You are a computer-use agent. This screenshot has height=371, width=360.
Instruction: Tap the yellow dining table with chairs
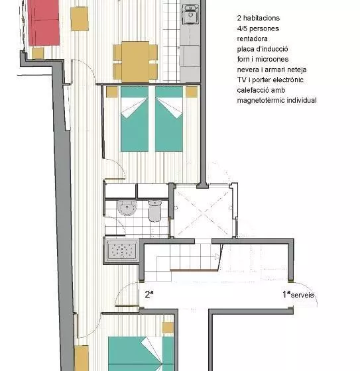tap(135, 60)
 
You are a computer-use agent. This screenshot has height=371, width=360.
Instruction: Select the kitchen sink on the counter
tap(190, 13)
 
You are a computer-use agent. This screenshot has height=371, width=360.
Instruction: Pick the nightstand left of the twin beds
tap(112, 92)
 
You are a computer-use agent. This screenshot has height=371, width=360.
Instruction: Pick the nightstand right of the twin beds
tap(192, 92)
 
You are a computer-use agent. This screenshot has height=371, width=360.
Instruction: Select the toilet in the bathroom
tap(154, 210)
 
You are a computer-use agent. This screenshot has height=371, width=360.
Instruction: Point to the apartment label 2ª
tap(149, 294)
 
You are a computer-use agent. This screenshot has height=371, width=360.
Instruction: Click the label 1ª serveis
tap(298, 294)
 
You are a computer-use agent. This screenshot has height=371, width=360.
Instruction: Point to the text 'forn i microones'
tap(263, 59)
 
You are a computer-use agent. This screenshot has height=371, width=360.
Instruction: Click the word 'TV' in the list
tap(241, 79)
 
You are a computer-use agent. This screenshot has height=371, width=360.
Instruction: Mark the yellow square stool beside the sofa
tap(80, 19)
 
